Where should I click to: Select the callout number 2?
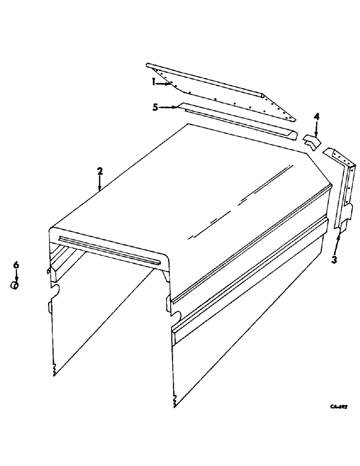99,171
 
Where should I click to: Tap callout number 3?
334,260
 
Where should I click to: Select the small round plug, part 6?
15,285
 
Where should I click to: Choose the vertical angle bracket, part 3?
345,191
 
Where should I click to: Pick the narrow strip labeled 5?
238,122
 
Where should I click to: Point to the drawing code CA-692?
339,406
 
